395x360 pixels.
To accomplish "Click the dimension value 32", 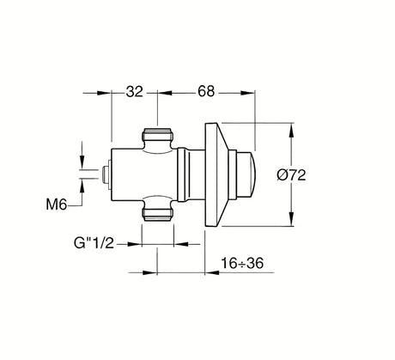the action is pyautogui.click(x=134, y=92).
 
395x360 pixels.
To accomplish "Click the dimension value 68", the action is pyautogui.click(x=206, y=91).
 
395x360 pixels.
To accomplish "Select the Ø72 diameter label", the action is pyautogui.click(x=292, y=174).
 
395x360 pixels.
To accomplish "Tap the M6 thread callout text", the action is pyautogui.click(x=57, y=204).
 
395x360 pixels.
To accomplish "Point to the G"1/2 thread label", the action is pyautogui.click(x=94, y=243).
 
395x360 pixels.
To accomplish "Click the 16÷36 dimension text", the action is pyautogui.click(x=242, y=263).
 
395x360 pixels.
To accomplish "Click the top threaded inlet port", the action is pyautogui.click(x=157, y=135).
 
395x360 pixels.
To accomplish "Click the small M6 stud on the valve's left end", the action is pyautogui.click(x=106, y=174).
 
